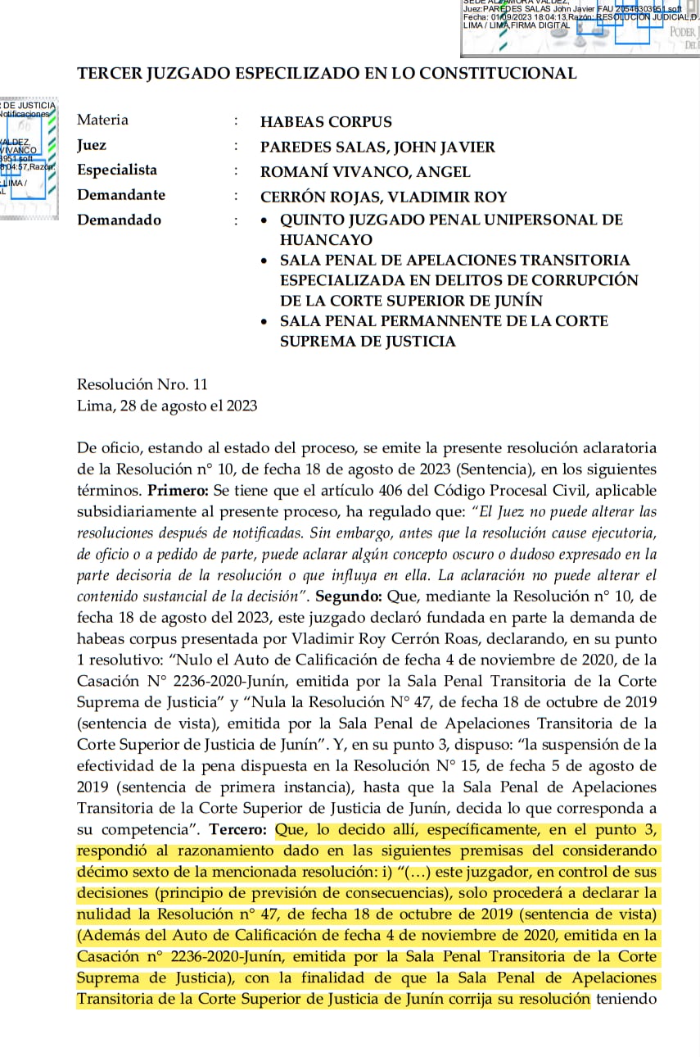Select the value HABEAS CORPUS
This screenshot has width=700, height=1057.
(x=326, y=122)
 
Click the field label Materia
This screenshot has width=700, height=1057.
(x=102, y=120)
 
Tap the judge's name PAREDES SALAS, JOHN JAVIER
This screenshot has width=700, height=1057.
(x=377, y=147)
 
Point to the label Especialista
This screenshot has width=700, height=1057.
(x=117, y=170)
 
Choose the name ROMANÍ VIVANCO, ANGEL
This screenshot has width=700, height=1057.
(x=365, y=172)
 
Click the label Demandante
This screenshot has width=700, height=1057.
(x=121, y=195)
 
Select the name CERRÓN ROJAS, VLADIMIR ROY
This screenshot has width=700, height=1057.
(x=383, y=197)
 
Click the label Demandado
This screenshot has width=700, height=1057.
(x=119, y=220)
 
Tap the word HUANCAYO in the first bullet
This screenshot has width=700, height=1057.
(x=326, y=240)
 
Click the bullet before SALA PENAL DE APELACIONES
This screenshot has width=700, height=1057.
(x=264, y=261)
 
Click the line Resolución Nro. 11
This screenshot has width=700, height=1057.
(x=142, y=383)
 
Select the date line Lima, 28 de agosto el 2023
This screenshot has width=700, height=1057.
(x=167, y=405)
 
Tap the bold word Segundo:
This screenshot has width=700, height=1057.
(x=348, y=596)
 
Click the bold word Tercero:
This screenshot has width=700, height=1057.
(x=237, y=829)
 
